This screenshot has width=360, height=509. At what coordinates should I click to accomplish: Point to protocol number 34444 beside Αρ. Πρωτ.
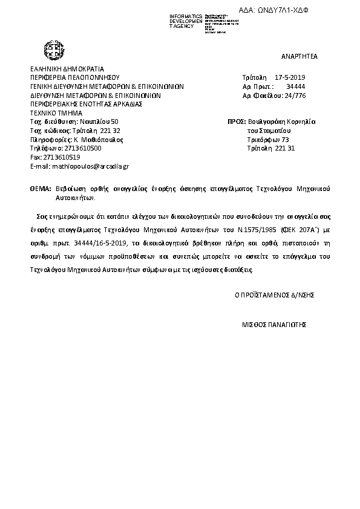[296, 86]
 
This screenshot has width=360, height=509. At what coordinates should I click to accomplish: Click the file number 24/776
[296, 95]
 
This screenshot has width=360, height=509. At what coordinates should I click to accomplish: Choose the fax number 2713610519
[62, 157]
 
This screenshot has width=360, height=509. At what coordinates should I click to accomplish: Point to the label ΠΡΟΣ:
[236, 122]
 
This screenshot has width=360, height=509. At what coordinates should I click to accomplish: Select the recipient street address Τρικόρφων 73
[269, 139]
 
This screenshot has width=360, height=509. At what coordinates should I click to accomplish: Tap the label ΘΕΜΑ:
[40, 189]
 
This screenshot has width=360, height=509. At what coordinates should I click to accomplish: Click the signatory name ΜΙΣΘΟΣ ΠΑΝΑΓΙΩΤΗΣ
[275, 324]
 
